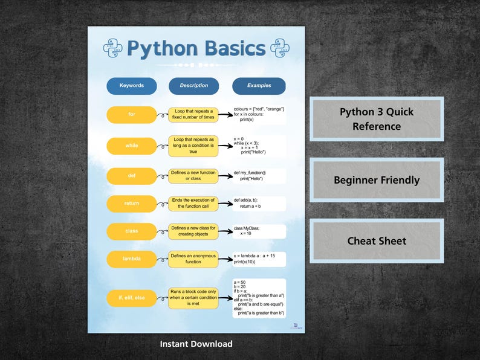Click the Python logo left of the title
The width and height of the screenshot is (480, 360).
[113, 48]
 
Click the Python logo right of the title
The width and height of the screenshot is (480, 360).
[279, 48]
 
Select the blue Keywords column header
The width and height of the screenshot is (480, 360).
[132, 86]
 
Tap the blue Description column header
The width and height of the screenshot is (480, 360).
[193, 86]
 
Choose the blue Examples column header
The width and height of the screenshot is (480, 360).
[259, 86]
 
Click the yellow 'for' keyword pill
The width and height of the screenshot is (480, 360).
[132, 115]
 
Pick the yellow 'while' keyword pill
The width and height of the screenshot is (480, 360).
[132, 146]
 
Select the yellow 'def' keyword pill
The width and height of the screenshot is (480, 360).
[132, 176]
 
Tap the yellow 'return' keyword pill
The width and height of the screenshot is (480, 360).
[132, 204]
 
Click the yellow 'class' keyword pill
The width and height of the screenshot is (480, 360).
[132, 231]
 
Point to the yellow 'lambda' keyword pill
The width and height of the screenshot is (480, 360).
[132, 259]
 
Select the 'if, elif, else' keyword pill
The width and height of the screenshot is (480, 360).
[132, 298]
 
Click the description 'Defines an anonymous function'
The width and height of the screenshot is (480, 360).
[193, 259]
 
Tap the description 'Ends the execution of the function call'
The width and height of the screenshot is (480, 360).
[193, 204]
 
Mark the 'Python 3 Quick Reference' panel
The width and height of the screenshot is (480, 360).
[377, 119]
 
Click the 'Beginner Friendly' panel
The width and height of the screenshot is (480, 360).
[377, 180]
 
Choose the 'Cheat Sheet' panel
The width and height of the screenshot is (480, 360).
[377, 241]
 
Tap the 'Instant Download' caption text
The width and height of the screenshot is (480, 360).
[196, 344]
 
